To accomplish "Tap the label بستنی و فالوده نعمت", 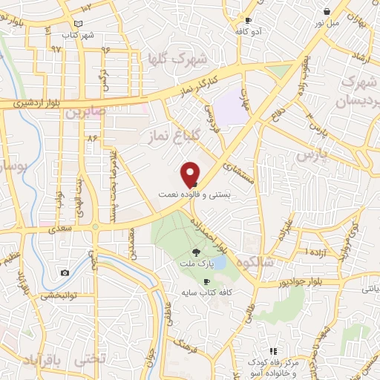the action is coord(189,194).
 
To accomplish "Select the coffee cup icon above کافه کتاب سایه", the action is coord(206,281).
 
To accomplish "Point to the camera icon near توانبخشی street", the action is coord(65,272).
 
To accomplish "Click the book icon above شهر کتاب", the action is coord(90,24).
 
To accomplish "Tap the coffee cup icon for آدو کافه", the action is coord(248,20).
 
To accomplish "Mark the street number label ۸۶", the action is coord(92,138).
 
